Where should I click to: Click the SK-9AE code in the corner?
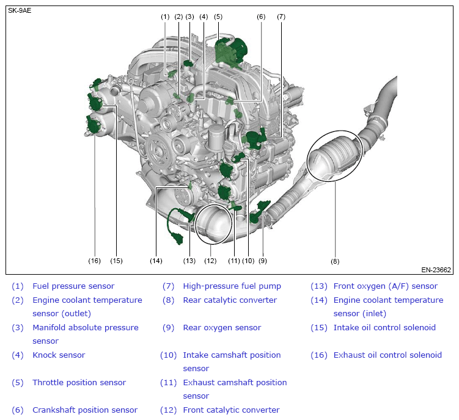19,10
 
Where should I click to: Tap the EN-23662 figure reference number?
436,269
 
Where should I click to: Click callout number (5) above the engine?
218,17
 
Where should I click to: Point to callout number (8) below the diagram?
335,261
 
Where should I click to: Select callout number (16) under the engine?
94,261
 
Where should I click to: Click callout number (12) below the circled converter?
210,261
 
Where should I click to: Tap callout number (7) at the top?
281,17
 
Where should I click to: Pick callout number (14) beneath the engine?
156,261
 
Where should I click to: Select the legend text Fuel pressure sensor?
73,286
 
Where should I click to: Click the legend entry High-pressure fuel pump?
232,286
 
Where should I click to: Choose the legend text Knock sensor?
59,355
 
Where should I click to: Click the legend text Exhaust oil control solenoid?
387,355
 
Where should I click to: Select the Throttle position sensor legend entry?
79,382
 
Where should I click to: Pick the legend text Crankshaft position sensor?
85,410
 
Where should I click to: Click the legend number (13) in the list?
319,286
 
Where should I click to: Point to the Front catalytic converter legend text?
231,410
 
